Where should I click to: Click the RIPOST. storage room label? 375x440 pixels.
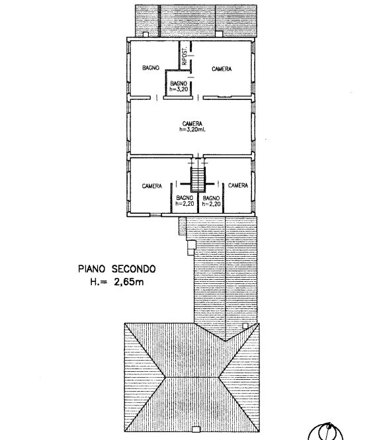[185, 56]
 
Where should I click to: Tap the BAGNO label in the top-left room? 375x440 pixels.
[151, 68]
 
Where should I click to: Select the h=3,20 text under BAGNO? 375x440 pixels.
[179, 89]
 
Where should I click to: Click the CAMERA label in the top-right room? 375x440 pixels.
[222, 69]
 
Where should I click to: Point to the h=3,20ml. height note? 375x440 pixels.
[192, 130]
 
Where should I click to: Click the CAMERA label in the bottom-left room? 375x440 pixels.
[151, 186]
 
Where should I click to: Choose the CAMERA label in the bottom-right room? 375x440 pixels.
[238, 185]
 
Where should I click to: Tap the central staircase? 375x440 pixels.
[198, 179]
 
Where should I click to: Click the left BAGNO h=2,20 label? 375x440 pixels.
[185, 200]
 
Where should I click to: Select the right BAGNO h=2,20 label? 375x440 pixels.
[211, 201]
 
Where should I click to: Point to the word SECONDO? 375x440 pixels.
[134, 269]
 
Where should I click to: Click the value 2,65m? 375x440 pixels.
[129, 282]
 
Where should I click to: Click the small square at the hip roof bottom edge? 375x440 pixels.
[196, 429]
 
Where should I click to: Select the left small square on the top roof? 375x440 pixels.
[146, 34]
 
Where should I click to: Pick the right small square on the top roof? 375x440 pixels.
[219, 34]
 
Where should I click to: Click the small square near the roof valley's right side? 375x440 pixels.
[245, 326]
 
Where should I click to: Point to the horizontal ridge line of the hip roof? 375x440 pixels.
[192, 377]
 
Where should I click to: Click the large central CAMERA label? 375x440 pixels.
[192, 124]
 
